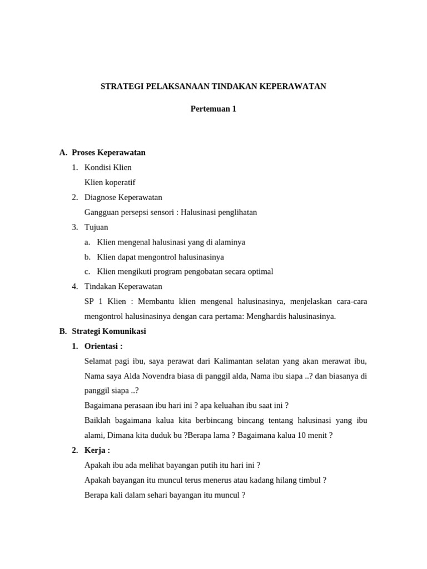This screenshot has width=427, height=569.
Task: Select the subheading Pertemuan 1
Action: click(213, 109)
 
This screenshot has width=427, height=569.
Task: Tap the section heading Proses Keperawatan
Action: click(108, 152)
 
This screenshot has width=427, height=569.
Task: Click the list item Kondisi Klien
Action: click(108, 167)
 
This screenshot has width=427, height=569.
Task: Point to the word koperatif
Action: click(119, 182)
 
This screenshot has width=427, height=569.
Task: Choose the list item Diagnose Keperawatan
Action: click(123, 197)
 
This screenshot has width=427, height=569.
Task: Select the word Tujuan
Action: click(96, 227)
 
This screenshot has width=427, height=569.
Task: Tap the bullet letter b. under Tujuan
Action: click(87, 257)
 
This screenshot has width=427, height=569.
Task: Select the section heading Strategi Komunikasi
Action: click(109, 331)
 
